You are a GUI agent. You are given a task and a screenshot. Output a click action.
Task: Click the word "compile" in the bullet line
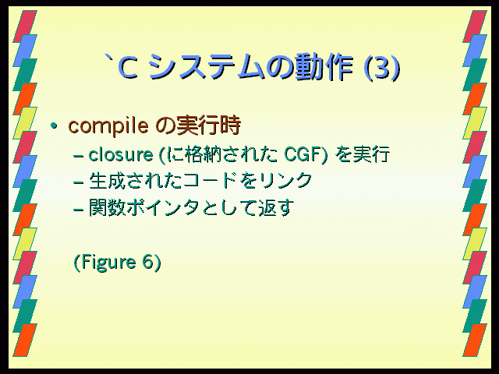click(x=108, y=126)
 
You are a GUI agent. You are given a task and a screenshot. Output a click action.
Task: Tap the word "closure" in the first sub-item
click(x=121, y=155)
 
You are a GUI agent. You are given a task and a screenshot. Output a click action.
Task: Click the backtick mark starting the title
click(x=110, y=59)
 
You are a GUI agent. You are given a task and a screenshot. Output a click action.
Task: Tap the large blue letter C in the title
click(x=128, y=68)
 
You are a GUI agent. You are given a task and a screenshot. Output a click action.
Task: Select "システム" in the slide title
click(x=206, y=68)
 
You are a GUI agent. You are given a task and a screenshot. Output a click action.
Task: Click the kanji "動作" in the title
click(x=324, y=68)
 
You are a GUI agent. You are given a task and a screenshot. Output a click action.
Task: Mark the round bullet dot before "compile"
click(x=54, y=126)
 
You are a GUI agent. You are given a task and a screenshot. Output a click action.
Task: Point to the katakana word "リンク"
click(x=285, y=181)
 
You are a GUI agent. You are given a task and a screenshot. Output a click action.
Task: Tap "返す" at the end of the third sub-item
click(x=274, y=208)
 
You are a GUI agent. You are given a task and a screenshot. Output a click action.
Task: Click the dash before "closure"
click(x=78, y=156)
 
